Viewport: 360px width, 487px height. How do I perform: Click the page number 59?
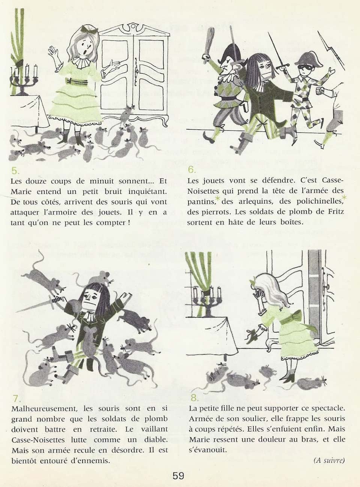pyautogui.click(x=178, y=476)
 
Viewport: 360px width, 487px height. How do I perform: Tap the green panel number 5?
pyautogui.click(x=15, y=171)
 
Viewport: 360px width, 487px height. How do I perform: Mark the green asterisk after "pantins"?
pyautogui.click(x=217, y=199)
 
